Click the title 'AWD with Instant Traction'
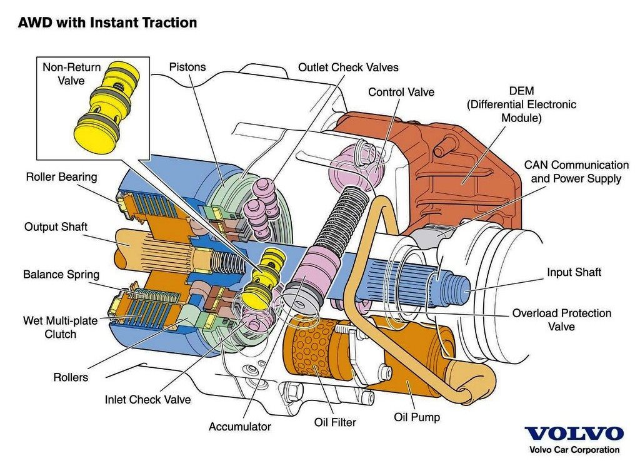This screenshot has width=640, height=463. pos(107,22)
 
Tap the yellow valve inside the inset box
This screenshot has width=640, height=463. pos(106,108)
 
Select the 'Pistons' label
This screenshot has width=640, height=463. pos(187,66)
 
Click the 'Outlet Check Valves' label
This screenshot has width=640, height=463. pos(348,67)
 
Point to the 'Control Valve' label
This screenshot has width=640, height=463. pos(401,92)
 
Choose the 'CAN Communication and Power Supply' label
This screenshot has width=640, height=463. pos(576,171)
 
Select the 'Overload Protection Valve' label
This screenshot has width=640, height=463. pos(562,320)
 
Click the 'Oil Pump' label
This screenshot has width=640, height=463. pos(417,417)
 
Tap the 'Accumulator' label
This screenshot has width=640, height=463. pos(240,427)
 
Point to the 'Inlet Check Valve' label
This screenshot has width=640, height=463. pos(147,399)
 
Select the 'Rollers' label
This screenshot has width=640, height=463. pos(71,377)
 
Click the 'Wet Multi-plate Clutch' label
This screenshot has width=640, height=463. pos(61,327)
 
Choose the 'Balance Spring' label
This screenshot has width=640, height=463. pos(61,274)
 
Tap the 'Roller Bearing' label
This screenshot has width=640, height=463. pos(62,176)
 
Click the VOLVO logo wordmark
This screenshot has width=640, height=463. pos(574,434)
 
